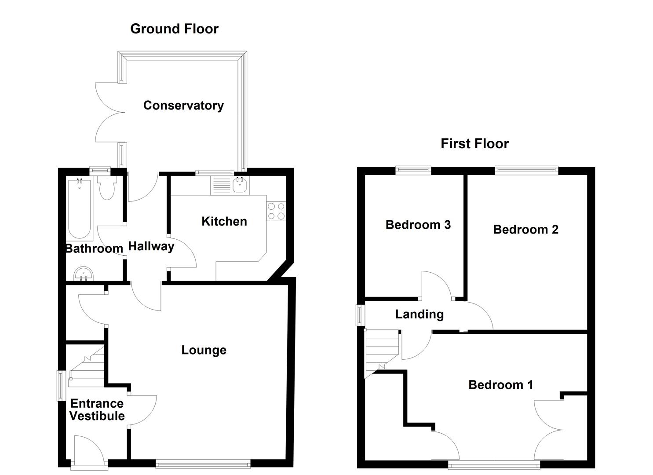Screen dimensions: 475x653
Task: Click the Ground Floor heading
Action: pos(174,29)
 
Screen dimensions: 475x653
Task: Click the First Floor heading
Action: pos(474,144)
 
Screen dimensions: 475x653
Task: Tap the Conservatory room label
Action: pos(183,106)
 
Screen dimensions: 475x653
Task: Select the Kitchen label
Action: pos(224,221)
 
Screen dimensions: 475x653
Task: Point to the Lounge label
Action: pos(204,350)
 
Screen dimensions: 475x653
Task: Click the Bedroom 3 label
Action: pos(418,225)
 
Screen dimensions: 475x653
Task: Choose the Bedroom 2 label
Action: pos(525,230)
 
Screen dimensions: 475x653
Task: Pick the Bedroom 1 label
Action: pos(500,385)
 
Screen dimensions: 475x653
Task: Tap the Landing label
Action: pos(419,314)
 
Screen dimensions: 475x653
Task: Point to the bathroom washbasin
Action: pos(84,274)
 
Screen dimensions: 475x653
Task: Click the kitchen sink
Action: pos(240,186)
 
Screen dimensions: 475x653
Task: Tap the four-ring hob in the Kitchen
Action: pos(276,211)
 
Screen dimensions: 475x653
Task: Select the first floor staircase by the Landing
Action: pos(381,352)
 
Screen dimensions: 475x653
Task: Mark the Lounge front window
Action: pos(203,463)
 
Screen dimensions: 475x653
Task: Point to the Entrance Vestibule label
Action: pos(97,410)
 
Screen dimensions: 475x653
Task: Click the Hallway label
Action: pos(151,246)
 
